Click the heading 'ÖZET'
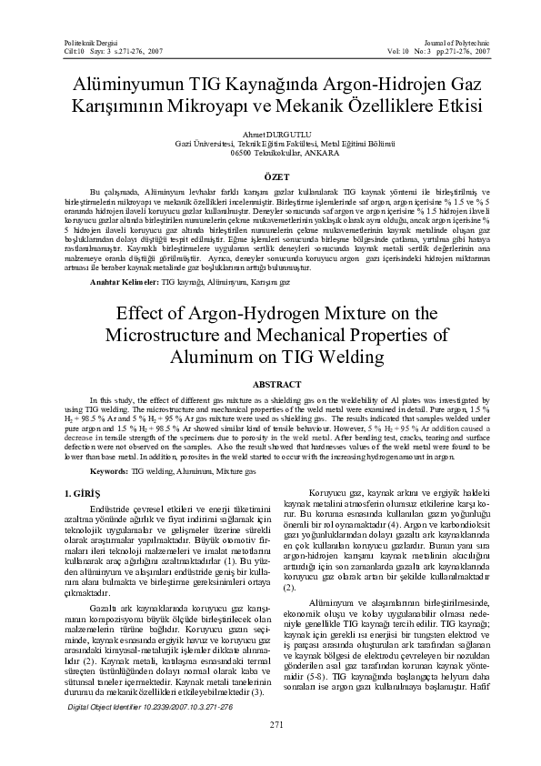point(270,176)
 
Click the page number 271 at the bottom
point(270,724)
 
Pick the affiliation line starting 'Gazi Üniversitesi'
point(269,144)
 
